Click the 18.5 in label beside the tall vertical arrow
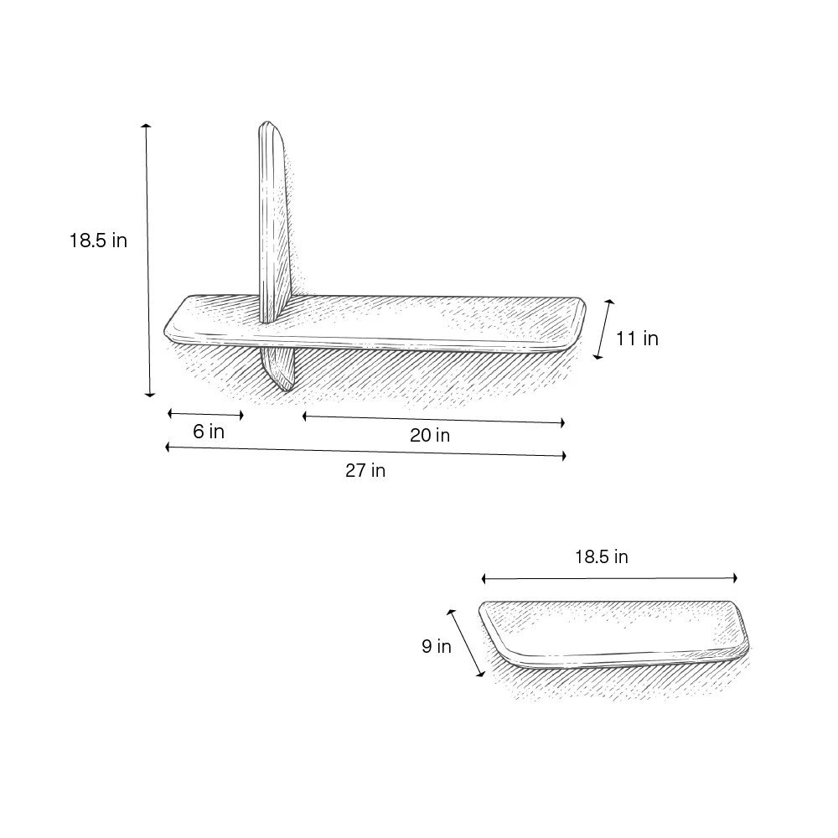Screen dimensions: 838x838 pyautogui.click(x=98, y=241)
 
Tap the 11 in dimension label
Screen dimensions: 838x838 pyautogui.click(x=637, y=339)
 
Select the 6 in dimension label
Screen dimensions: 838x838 pyautogui.click(x=209, y=432)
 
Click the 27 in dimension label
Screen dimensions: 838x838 pyautogui.click(x=365, y=470)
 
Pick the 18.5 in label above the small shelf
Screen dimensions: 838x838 pyautogui.click(x=601, y=557)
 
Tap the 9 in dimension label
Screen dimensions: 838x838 pyautogui.click(x=436, y=646)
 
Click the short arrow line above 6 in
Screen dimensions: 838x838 pyautogui.click(x=205, y=414)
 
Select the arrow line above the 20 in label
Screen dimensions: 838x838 pyautogui.click(x=433, y=419)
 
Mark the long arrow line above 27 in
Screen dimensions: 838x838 pyautogui.click(x=365, y=452)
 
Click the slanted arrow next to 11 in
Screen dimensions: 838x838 pyautogui.click(x=603, y=329)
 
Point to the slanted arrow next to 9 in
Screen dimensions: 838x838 pyautogui.click(x=466, y=643)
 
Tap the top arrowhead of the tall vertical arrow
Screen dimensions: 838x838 pyautogui.click(x=146, y=127)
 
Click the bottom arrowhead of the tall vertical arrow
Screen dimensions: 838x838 pyautogui.click(x=150, y=393)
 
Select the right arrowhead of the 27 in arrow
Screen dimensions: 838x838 pyautogui.click(x=564, y=456)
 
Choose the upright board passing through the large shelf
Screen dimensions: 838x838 pyautogui.click(x=274, y=226)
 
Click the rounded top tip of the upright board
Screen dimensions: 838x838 pyautogui.click(x=268, y=126)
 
